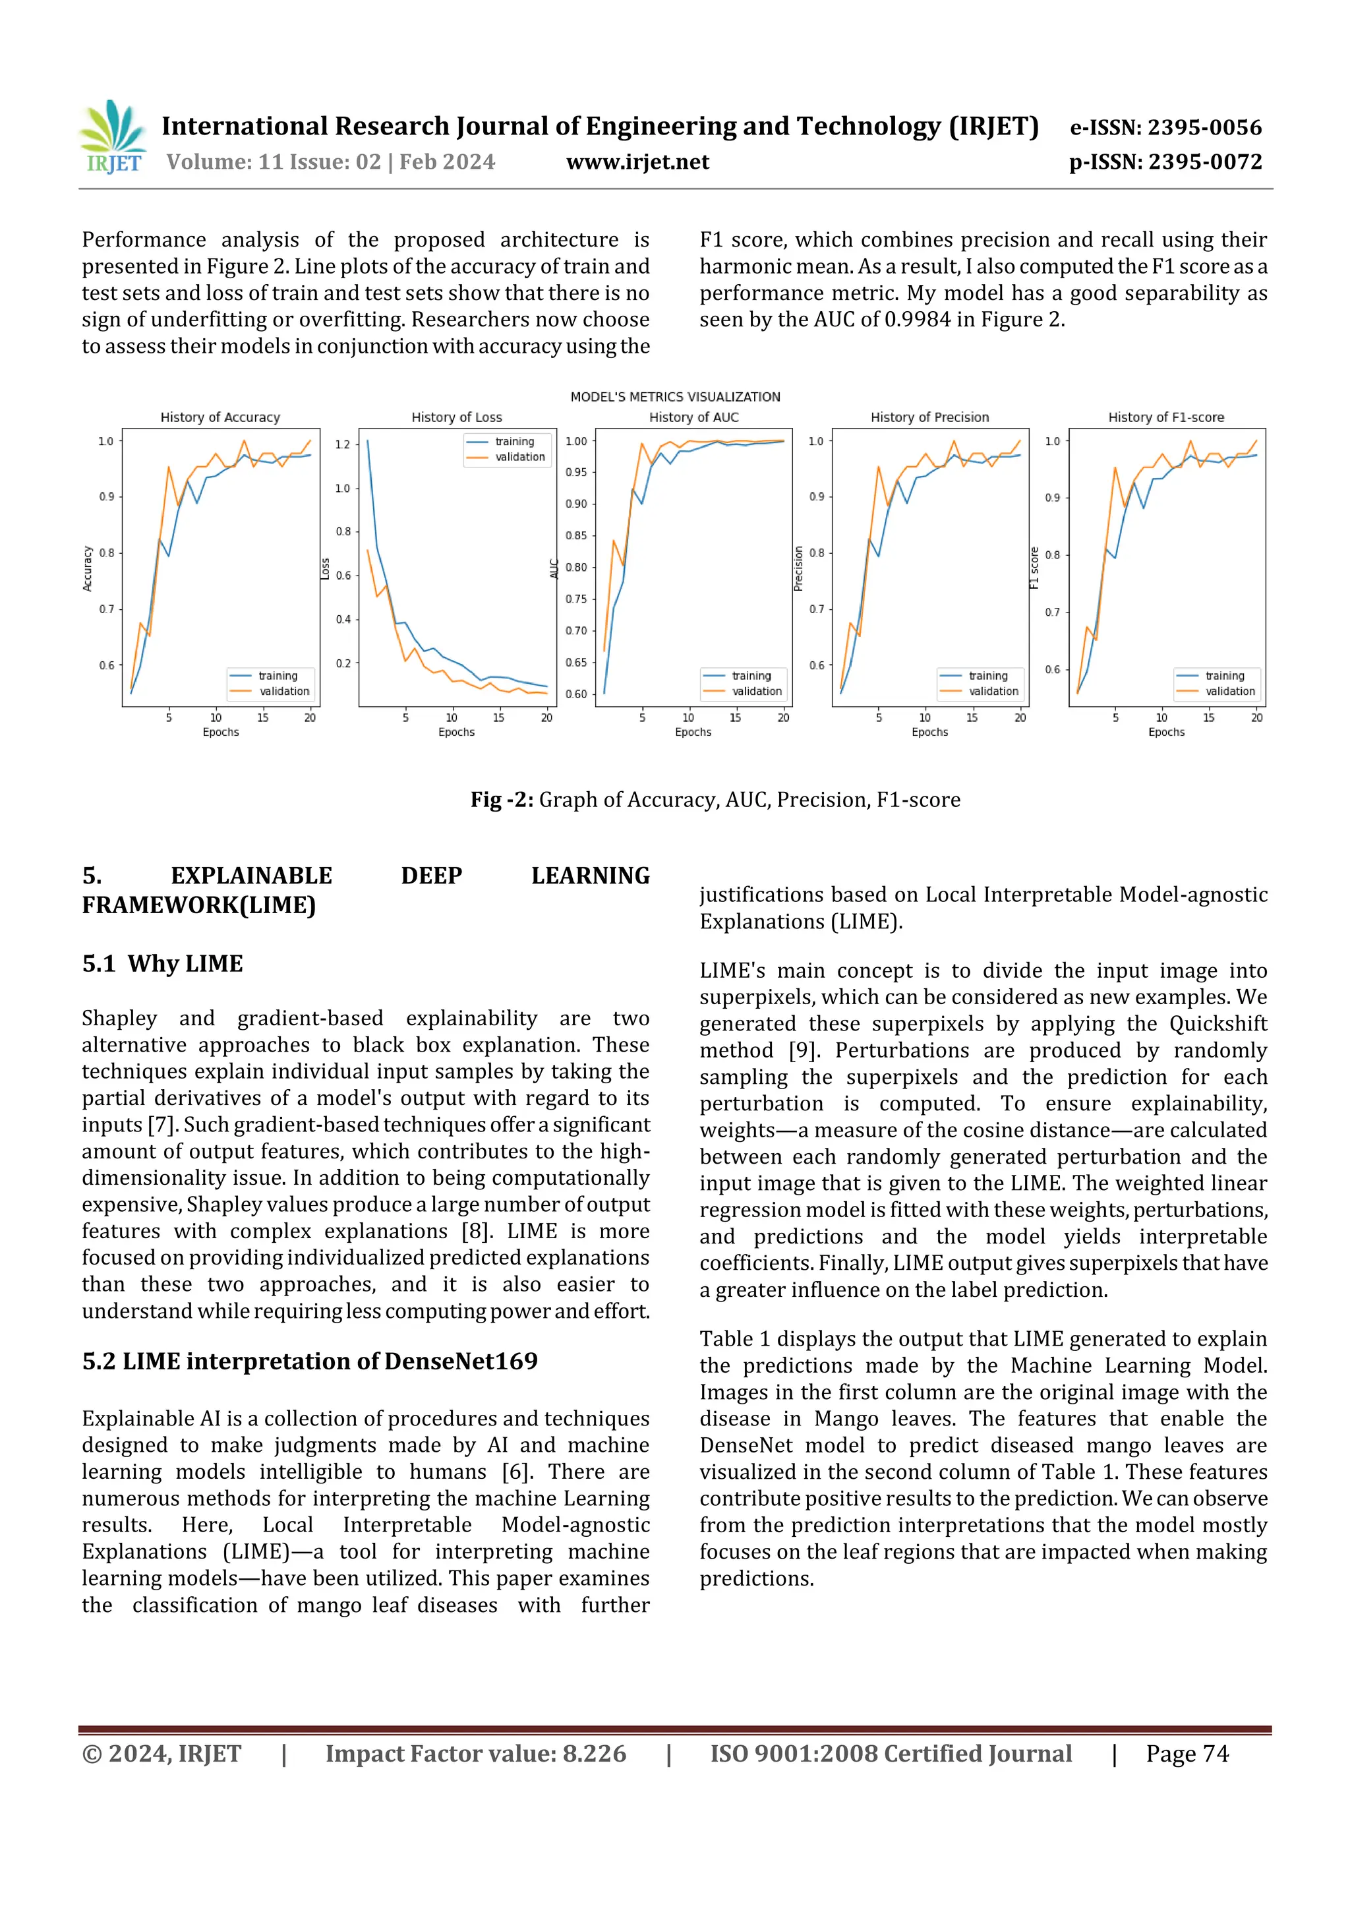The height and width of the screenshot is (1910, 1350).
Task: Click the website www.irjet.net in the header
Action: coord(637,162)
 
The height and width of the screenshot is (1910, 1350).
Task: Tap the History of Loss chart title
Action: coord(457,417)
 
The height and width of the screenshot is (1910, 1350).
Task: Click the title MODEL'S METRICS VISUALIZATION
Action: coord(674,397)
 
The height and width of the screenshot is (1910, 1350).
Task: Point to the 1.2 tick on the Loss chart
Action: coord(343,445)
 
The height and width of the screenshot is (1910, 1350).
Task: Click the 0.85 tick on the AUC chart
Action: coord(576,536)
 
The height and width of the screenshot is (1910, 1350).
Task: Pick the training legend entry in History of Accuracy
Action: coord(277,676)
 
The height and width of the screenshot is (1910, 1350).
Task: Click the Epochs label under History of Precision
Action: coord(929,732)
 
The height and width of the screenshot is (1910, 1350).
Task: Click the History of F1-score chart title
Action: coord(1165,417)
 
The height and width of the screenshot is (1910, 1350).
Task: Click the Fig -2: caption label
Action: coord(502,800)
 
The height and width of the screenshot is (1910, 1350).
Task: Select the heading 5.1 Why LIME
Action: coord(163,963)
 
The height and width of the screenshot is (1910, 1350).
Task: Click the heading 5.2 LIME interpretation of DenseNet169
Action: coord(309,1362)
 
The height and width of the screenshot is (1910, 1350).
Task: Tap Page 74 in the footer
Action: coord(1187,1754)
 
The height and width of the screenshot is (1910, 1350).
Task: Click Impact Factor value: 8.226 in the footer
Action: coord(476,1754)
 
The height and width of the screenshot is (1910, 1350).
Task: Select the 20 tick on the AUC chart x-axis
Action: coord(782,718)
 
